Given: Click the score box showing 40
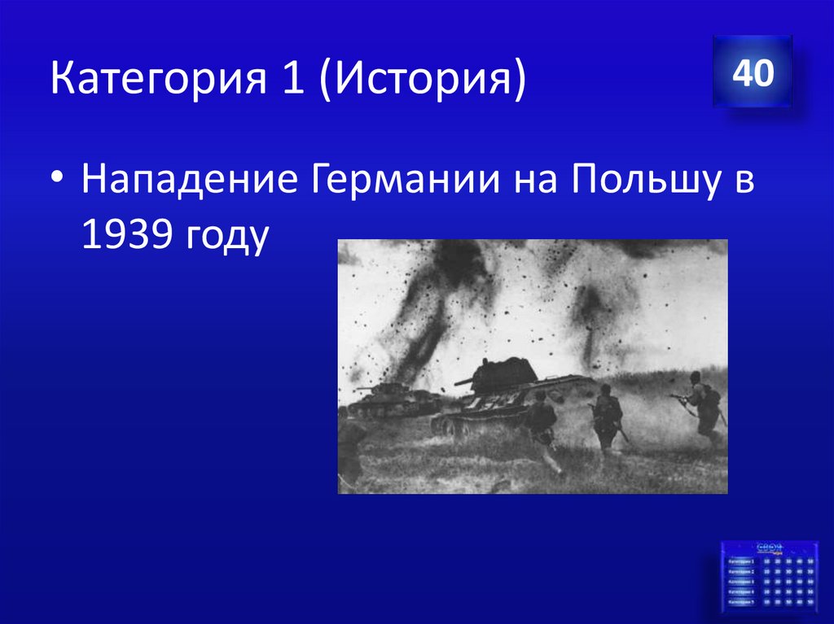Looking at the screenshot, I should click(x=753, y=74).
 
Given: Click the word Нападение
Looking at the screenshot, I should click(x=187, y=181).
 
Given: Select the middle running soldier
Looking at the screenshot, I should click(x=606, y=417).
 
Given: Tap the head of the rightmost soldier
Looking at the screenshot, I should click(x=695, y=377).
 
